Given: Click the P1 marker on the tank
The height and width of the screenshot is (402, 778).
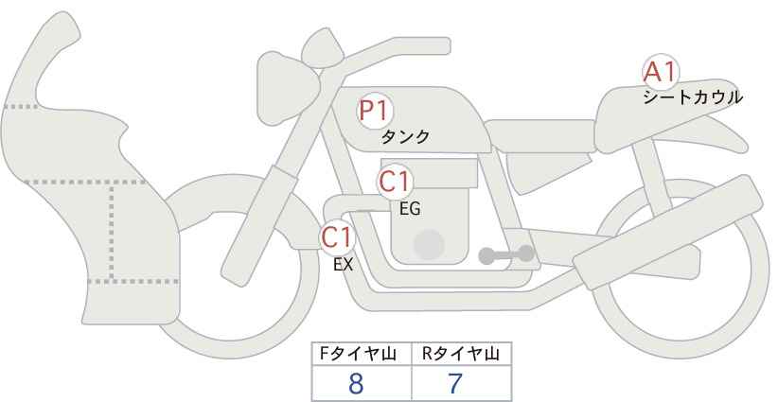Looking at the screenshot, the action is point(375,111).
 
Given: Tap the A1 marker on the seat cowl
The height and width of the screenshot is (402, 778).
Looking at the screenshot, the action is point(660,73).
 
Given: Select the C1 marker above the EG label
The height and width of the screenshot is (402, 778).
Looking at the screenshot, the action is point(394,182).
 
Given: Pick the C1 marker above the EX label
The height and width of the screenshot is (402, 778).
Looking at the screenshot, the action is point(337,237).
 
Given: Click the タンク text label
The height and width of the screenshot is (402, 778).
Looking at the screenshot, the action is point(404,137).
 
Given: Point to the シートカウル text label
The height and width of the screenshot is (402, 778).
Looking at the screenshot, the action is point(693,97).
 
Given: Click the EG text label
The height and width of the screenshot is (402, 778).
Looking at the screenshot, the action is point(410,209).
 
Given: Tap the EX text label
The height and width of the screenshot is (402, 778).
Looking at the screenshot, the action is point(343,265).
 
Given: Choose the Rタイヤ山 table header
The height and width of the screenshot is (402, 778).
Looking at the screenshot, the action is point(461,354).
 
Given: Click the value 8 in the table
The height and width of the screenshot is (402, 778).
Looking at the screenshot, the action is point(356,384).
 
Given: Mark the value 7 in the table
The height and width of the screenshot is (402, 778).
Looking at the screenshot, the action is point(454,384).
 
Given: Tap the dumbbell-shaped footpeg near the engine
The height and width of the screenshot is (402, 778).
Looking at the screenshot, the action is point(506,254).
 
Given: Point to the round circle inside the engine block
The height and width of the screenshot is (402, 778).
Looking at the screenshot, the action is point(429,244).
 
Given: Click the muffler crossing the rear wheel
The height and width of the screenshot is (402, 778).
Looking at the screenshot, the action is point(668,232).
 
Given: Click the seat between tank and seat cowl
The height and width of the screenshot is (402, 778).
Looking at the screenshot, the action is point(539,136).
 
